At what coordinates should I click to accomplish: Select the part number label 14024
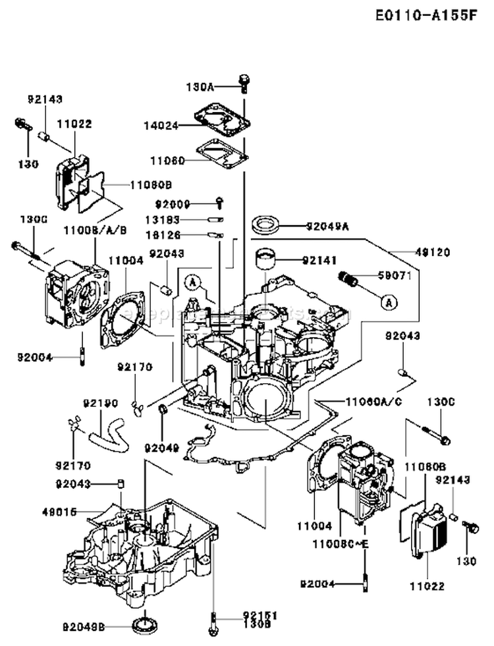click(x=162, y=126)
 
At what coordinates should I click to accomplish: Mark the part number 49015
click(x=59, y=510)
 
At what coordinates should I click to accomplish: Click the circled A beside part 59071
click(x=389, y=302)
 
